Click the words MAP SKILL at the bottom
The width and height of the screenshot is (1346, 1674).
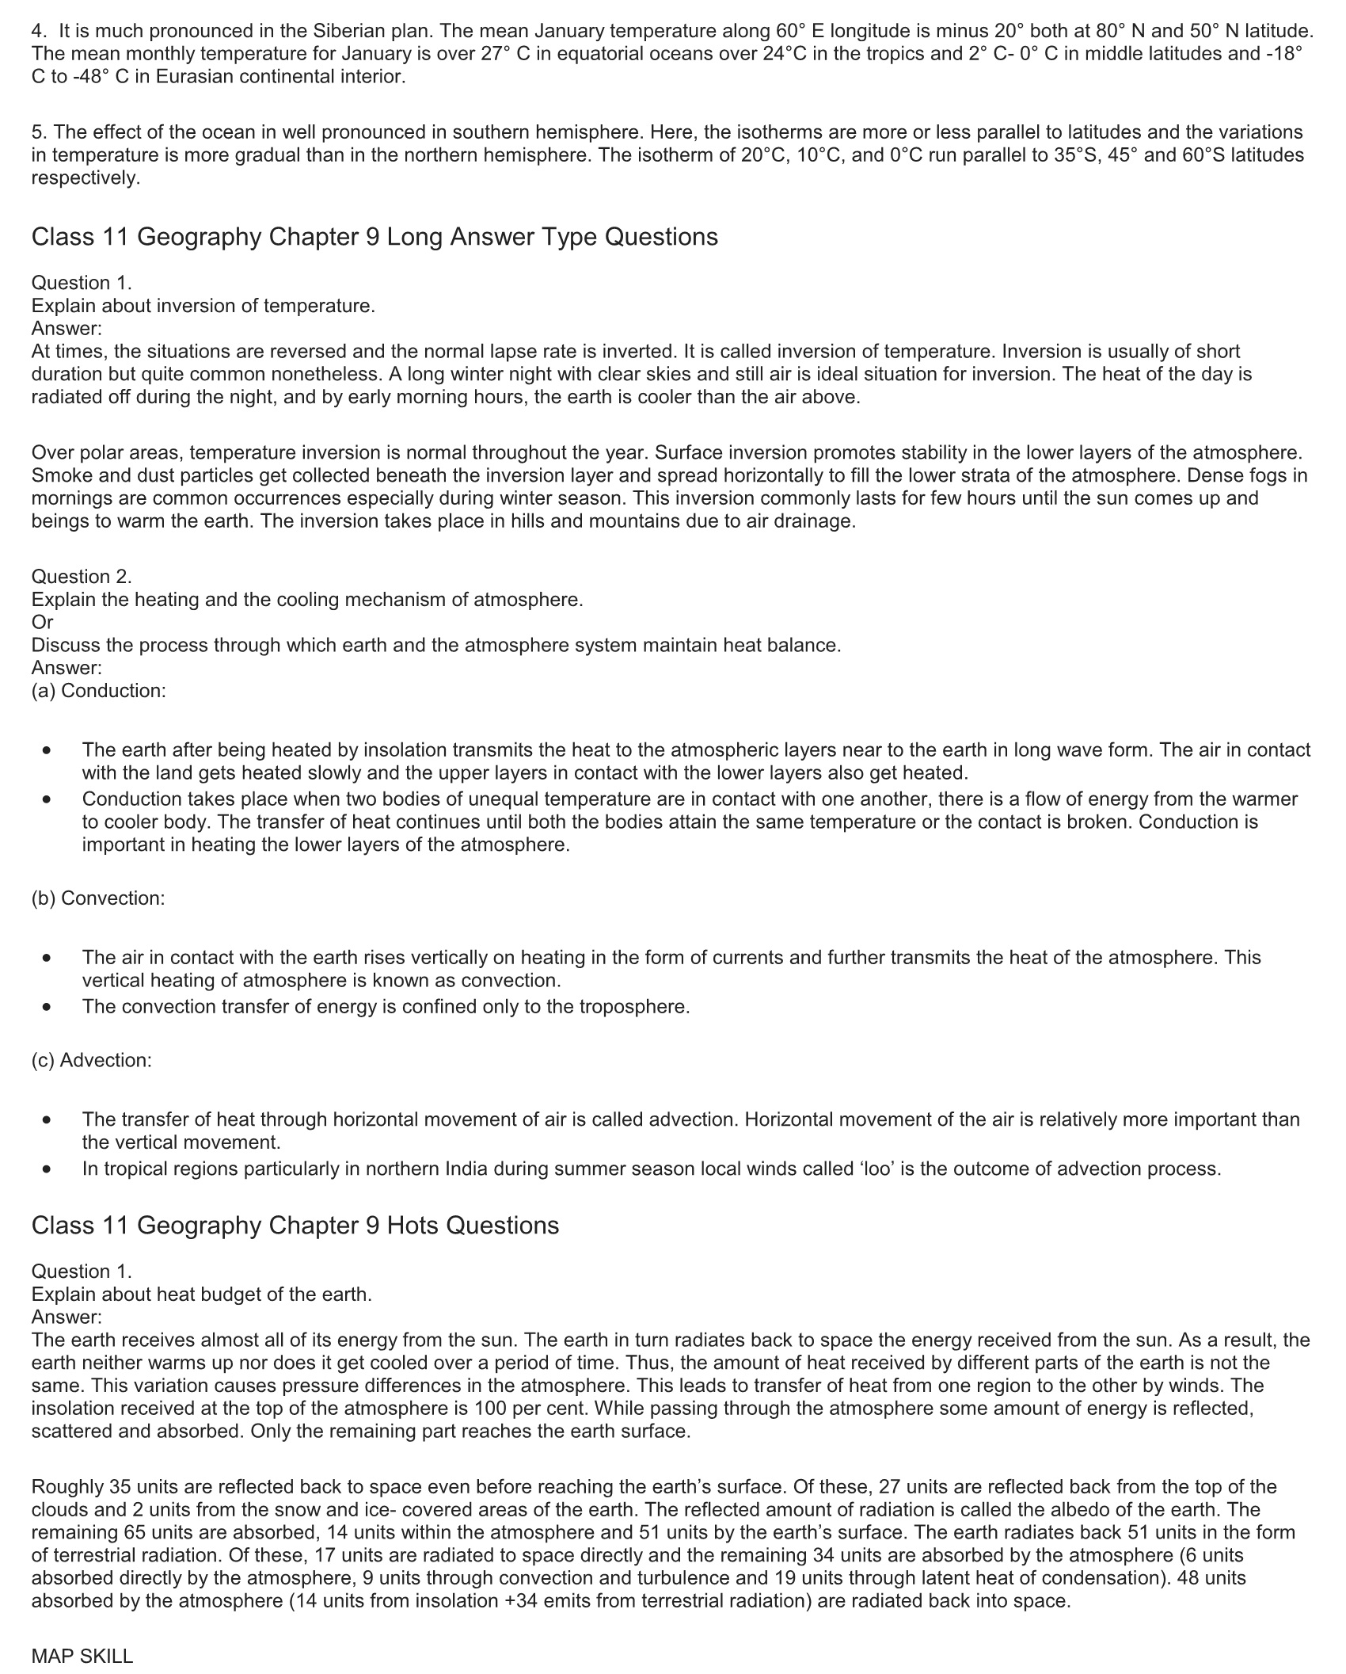click(x=82, y=1656)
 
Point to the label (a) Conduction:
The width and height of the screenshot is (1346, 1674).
click(x=99, y=690)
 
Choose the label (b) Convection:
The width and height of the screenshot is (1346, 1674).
click(x=98, y=898)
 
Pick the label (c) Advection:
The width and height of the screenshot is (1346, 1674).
click(x=92, y=1060)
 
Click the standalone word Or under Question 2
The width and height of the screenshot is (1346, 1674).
click(x=42, y=622)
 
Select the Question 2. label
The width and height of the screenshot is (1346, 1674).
click(x=82, y=576)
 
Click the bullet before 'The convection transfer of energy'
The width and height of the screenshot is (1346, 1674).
click(x=48, y=1007)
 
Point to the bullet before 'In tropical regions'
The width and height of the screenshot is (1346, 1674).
click(x=48, y=1169)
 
